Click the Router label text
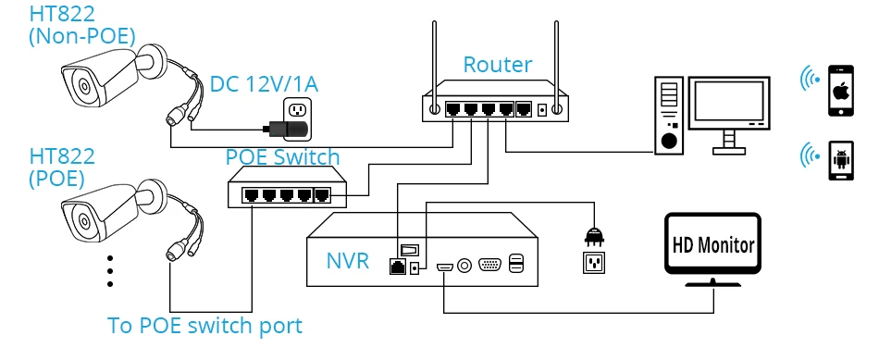tap(497, 65)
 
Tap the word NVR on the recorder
tap(348, 261)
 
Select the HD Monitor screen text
tap(713, 245)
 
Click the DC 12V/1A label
tap(264, 84)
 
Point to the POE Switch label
tap(282, 157)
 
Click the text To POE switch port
tap(204, 325)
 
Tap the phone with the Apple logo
tap(841, 91)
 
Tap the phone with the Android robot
tap(841, 160)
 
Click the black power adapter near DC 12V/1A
tap(288, 129)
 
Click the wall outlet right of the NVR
tap(594, 262)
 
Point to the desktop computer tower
tap(669, 115)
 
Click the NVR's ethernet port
tap(398, 267)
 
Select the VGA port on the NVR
tap(490, 265)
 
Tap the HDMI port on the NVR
tap(445, 267)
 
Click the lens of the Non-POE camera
tap(84, 86)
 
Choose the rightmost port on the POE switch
tap(322, 195)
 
